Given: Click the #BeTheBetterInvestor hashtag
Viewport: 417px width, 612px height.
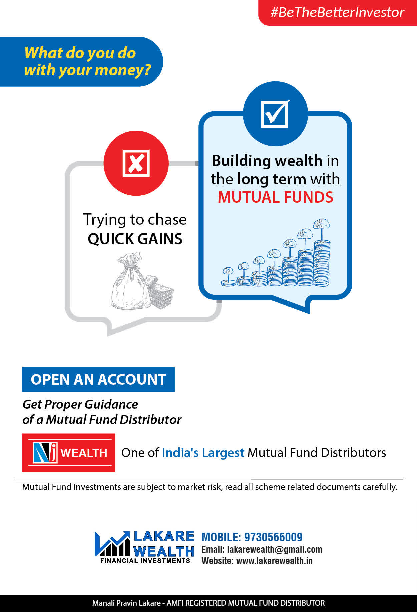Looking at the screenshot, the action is click(337, 12).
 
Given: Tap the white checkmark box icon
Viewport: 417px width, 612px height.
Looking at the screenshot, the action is click(275, 114).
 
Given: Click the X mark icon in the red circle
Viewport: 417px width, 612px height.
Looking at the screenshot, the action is click(136, 163).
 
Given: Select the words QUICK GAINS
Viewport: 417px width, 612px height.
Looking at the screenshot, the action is click(135, 239).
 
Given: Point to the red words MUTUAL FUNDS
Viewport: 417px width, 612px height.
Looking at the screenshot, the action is click(276, 197).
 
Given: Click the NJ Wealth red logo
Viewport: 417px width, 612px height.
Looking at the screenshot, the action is click(69, 453).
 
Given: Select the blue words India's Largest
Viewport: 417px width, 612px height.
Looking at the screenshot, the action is click(203, 453).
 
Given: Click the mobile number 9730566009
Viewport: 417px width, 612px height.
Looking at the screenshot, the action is click(273, 537).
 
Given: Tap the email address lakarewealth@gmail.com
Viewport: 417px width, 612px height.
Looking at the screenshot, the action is click(275, 549).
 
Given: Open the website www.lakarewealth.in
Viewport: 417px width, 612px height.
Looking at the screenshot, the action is click(274, 561).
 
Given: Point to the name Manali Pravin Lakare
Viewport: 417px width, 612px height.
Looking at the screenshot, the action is click(126, 603).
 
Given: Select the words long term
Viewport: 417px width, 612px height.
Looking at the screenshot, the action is click(272, 179).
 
